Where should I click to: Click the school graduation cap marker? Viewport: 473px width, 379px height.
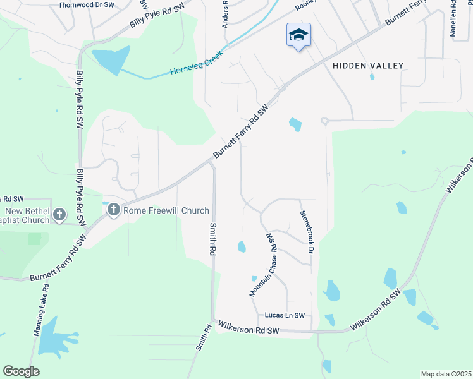pos(298,35)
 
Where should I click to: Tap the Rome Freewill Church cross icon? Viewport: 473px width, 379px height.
pos(114,210)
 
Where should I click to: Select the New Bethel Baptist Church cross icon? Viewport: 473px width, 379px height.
pos(59,215)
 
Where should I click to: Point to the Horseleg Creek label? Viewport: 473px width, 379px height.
pos(195,63)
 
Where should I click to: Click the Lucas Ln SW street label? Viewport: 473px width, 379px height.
pos(285,315)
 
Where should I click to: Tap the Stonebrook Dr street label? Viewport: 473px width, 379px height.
pos(307,232)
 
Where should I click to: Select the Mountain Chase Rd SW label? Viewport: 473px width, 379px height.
pos(264,265)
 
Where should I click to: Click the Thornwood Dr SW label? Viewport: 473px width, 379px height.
pos(86,4)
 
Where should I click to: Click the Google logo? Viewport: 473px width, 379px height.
pos(21,371)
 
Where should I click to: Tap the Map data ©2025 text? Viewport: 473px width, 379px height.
pos(446,373)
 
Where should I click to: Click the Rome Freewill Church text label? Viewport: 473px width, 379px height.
pos(166,210)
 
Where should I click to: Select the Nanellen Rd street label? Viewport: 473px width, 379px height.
pos(453,19)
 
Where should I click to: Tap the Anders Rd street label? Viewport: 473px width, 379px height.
pos(225,14)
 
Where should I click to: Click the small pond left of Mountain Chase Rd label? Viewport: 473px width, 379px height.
pos(242,246)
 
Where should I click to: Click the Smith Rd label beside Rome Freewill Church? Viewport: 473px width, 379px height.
pos(211,238)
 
